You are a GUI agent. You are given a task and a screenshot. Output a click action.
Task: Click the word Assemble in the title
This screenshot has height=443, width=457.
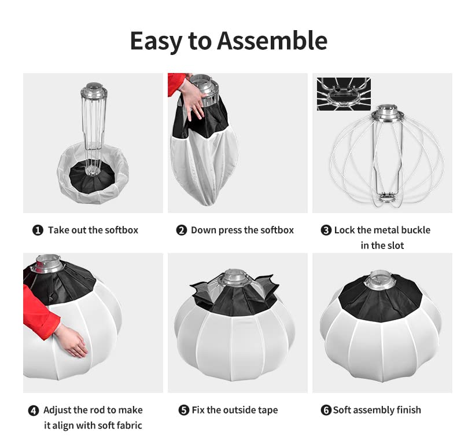(272, 41)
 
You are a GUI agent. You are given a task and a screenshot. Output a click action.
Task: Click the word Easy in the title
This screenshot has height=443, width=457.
(153, 41)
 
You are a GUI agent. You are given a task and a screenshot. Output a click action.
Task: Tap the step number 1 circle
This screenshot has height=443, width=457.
(38, 230)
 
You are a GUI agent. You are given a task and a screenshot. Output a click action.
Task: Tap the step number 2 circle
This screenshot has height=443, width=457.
(182, 230)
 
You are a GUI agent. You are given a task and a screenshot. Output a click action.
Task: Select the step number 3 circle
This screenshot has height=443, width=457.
(326, 230)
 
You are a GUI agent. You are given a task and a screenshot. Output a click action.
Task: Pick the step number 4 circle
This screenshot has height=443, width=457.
(34, 411)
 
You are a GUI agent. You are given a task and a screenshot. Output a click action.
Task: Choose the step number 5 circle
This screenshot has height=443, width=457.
(183, 411)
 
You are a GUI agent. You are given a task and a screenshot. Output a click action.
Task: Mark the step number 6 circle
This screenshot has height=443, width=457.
(326, 411)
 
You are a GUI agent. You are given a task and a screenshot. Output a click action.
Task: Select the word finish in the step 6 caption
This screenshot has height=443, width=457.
(407, 411)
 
